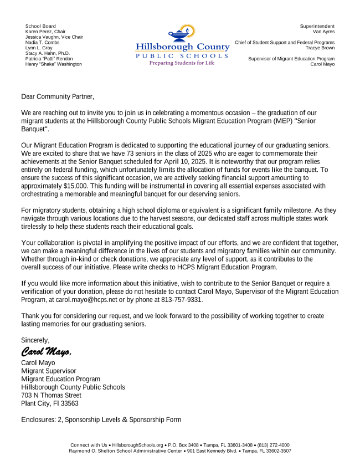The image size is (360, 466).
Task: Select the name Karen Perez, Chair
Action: pos(45,32)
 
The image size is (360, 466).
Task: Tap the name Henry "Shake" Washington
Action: pos(54,64)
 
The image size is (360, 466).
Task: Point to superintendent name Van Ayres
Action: pos(323,32)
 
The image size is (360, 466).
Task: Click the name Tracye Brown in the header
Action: pos(320,48)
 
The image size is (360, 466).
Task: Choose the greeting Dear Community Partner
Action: pos(58,96)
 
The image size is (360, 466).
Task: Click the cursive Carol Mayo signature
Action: pos(47,351)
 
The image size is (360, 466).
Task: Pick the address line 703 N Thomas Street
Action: pos(51,395)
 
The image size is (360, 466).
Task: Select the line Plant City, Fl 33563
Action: pos(50,403)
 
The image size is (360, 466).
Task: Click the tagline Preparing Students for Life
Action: pos(182,63)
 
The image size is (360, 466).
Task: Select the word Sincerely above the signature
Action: pos(35,340)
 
